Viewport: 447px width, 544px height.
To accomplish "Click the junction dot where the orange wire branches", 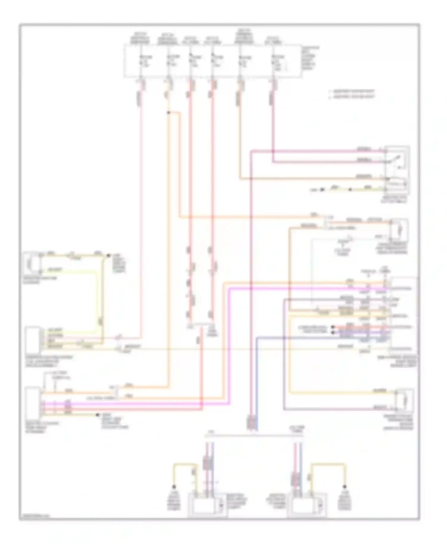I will point(168,112).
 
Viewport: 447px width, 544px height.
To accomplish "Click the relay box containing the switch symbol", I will point(397,170).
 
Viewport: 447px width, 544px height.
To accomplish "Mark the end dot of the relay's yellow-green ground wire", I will point(322,189).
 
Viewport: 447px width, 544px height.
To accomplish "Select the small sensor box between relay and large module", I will point(399,229).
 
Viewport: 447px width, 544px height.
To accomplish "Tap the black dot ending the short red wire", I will point(333,327).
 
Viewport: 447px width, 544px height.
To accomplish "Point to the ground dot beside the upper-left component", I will point(108,255).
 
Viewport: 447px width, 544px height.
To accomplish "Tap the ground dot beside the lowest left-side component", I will point(98,415).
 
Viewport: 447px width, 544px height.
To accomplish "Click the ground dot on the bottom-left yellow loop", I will point(173,487).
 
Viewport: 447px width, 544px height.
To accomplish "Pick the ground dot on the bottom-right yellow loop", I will point(345,487).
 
